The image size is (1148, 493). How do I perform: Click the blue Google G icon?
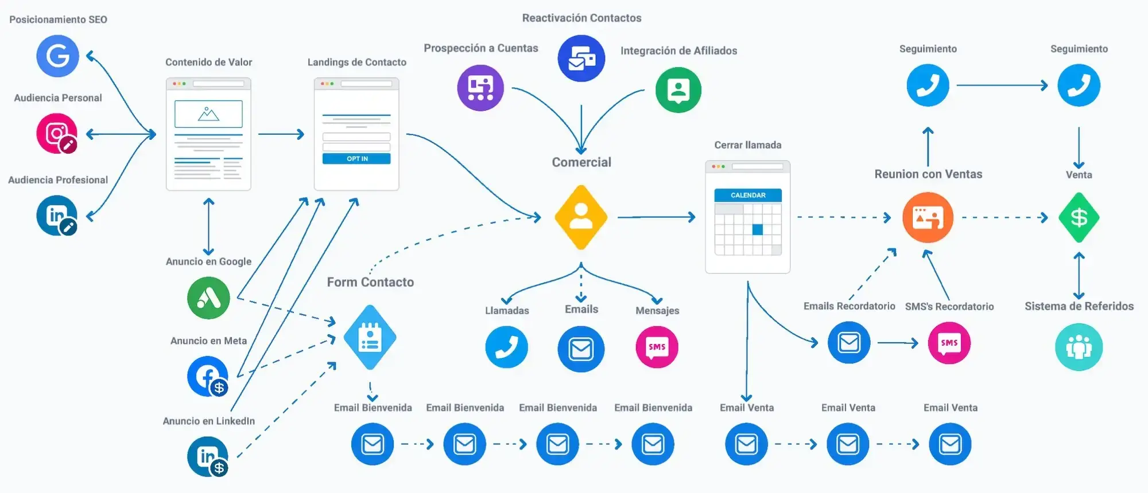(x=57, y=56)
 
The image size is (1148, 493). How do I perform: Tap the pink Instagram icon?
(x=57, y=134)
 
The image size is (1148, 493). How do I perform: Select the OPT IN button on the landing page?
(x=356, y=159)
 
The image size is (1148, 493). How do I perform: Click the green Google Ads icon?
(x=208, y=298)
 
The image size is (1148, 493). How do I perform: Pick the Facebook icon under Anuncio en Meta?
(x=208, y=377)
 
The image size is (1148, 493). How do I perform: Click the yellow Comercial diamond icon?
(x=581, y=217)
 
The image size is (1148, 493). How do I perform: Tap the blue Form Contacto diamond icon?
(x=370, y=338)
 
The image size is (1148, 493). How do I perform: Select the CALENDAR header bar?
(x=748, y=195)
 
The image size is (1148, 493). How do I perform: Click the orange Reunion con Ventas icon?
(x=928, y=217)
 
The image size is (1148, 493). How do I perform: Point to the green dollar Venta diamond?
(x=1079, y=218)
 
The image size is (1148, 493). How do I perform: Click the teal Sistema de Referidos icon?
(x=1079, y=347)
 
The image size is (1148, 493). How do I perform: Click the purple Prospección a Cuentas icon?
(x=480, y=88)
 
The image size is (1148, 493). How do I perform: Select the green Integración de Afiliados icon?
(x=678, y=90)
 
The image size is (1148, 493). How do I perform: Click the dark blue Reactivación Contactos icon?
(x=581, y=58)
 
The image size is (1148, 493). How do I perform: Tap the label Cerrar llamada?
(x=748, y=145)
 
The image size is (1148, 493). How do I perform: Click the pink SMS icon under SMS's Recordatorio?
(x=949, y=343)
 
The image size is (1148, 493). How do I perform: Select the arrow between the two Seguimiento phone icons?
(x=1002, y=85)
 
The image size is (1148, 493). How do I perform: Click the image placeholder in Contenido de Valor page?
(x=208, y=114)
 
